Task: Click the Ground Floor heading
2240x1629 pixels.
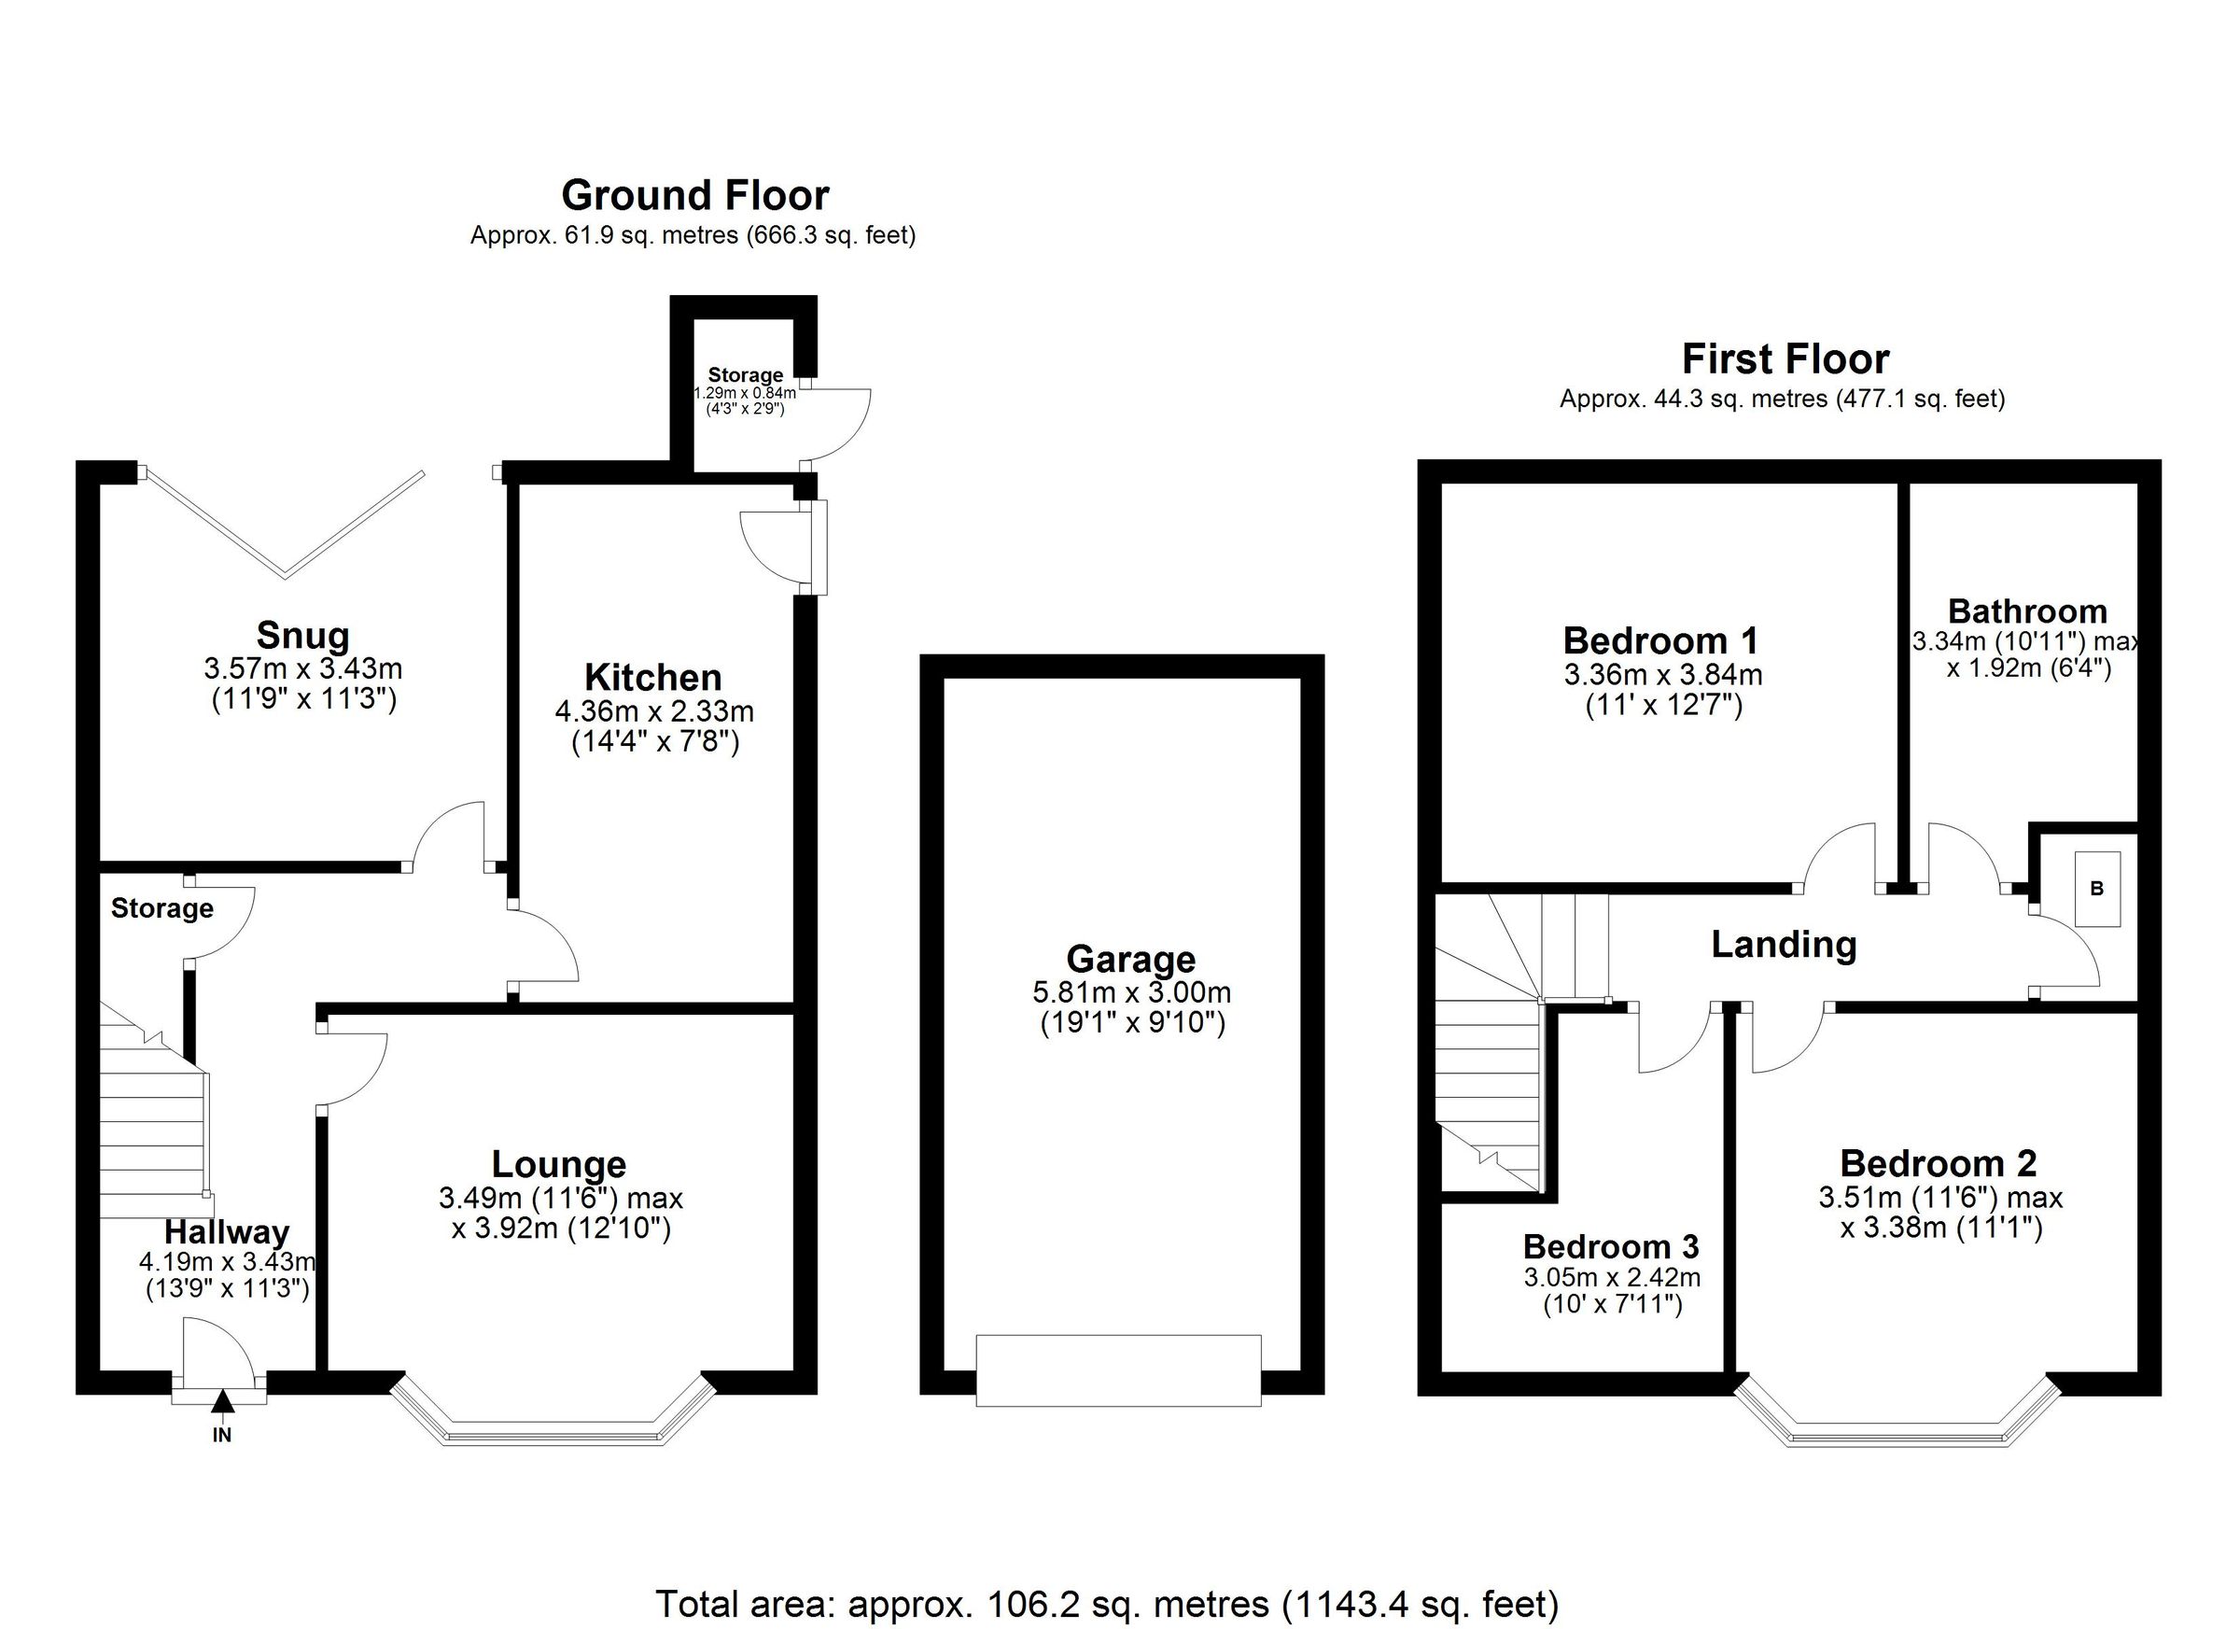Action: click(694, 196)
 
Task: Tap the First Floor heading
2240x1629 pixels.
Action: click(1785, 358)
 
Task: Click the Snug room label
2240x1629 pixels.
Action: click(302, 634)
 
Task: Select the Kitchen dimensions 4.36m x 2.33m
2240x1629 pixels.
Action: click(654, 710)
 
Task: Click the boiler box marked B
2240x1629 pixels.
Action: click(2096, 888)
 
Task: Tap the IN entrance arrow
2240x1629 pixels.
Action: click(222, 1402)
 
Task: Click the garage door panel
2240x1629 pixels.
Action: click(1118, 1369)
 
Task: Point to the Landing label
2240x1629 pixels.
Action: click(1784, 945)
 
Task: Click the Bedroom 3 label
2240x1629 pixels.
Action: click(1611, 1244)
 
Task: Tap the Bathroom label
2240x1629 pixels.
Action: click(2026, 611)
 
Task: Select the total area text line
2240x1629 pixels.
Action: click(1106, 1602)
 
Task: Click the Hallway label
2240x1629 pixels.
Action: click(226, 1232)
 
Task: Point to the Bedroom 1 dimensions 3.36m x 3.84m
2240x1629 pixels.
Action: click(1662, 675)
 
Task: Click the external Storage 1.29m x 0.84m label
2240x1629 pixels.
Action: click(745, 375)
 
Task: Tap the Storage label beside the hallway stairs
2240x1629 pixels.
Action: click(162, 908)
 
